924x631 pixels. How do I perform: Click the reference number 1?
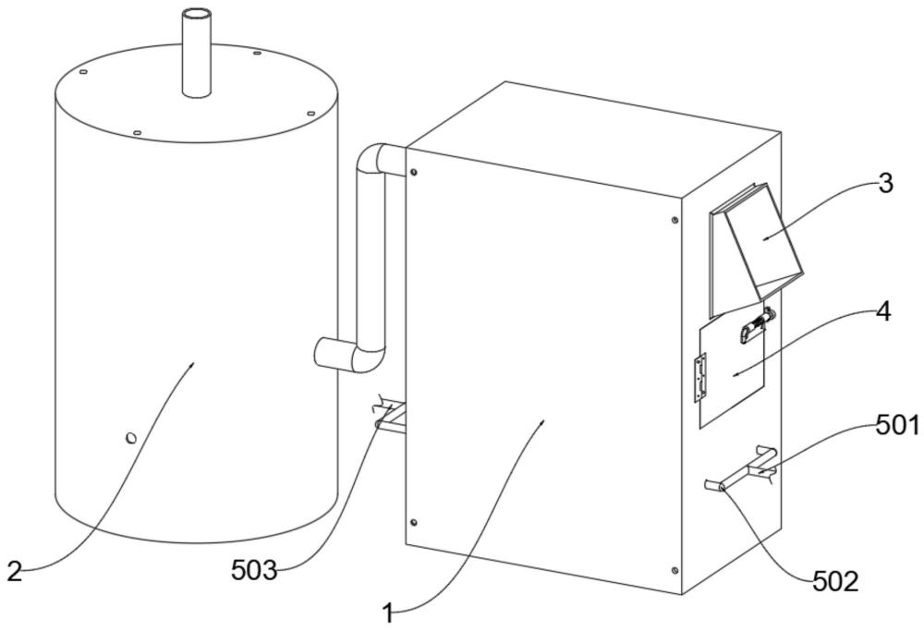[x=388, y=613]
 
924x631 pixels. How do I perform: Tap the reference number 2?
[x=15, y=571]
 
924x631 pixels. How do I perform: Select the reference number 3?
[x=885, y=185]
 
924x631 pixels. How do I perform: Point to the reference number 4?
[x=883, y=313]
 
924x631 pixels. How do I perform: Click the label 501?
[x=897, y=426]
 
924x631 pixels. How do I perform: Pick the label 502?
[x=835, y=583]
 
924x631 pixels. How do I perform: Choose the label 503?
[x=254, y=571]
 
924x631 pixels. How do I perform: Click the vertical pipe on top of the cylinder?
[x=197, y=52]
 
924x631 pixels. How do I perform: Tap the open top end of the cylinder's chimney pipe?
[x=197, y=13]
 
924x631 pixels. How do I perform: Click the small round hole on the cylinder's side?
[x=131, y=438]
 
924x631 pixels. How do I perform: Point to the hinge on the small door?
[x=700, y=378]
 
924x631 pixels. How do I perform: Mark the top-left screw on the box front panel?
[x=414, y=172]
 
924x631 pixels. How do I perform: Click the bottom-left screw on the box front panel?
[x=414, y=523]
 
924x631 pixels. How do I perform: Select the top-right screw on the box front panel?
[x=675, y=221]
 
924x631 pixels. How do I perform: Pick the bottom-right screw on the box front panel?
[x=675, y=570]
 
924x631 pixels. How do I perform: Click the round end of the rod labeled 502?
[x=721, y=487]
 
